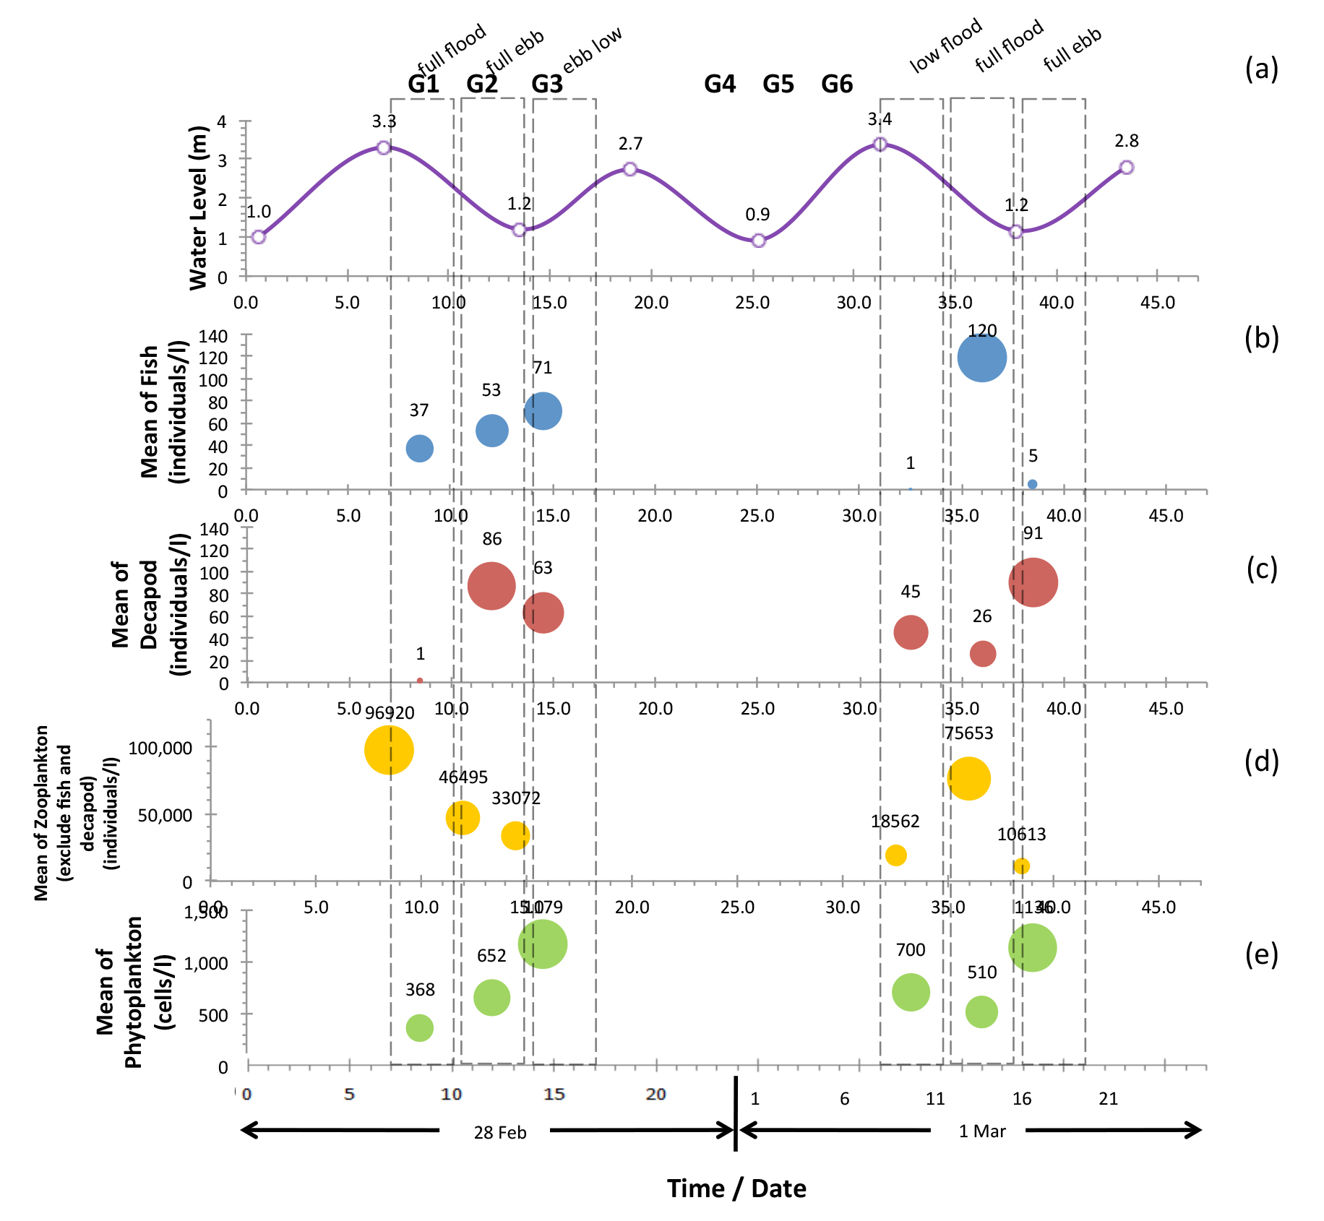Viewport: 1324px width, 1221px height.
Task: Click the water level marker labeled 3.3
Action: click(384, 147)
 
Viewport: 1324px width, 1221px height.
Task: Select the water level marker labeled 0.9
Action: click(758, 241)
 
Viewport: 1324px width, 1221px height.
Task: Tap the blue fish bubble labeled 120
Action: click(981, 358)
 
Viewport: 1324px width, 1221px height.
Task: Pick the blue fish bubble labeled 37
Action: click(419, 449)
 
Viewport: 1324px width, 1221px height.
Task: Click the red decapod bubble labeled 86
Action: click(491, 586)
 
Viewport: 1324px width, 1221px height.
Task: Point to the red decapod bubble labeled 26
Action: click(982, 654)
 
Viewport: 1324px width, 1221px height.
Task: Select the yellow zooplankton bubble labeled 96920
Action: click(389, 750)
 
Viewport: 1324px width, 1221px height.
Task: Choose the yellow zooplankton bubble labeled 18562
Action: click(895, 855)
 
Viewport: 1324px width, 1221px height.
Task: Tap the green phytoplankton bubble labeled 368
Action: click(419, 1027)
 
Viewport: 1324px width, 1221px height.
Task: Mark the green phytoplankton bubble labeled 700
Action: click(911, 992)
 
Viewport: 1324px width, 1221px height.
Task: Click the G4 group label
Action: click(720, 85)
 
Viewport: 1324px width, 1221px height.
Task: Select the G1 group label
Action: click(424, 85)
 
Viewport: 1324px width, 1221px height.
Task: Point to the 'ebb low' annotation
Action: click(593, 51)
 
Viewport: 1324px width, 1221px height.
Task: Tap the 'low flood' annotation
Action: click(945, 46)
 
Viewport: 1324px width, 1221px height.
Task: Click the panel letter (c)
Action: click(1262, 569)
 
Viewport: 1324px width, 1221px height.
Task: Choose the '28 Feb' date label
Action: click(500, 1132)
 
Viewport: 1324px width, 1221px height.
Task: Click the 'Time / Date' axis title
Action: click(736, 1188)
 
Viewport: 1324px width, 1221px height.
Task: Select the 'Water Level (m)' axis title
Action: click(198, 208)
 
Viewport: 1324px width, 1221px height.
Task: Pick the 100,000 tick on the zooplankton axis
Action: click(160, 748)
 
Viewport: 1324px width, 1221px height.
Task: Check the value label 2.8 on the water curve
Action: click(1126, 141)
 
